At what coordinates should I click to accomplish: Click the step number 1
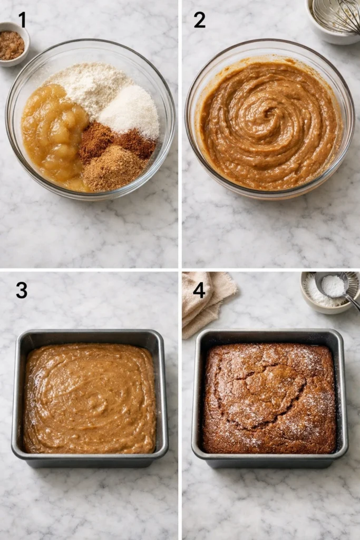pyautogui.click(x=22, y=20)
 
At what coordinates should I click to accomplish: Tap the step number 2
pyautogui.click(x=199, y=20)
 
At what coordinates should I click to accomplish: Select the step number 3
pyautogui.click(x=21, y=290)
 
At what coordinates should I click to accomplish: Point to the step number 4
pyautogui.click(x=199, y=290)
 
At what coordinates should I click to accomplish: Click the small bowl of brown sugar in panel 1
pyautogui.click(x=12, y=44)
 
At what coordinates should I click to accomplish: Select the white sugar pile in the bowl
pyautogui.click(x=131, y=111)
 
